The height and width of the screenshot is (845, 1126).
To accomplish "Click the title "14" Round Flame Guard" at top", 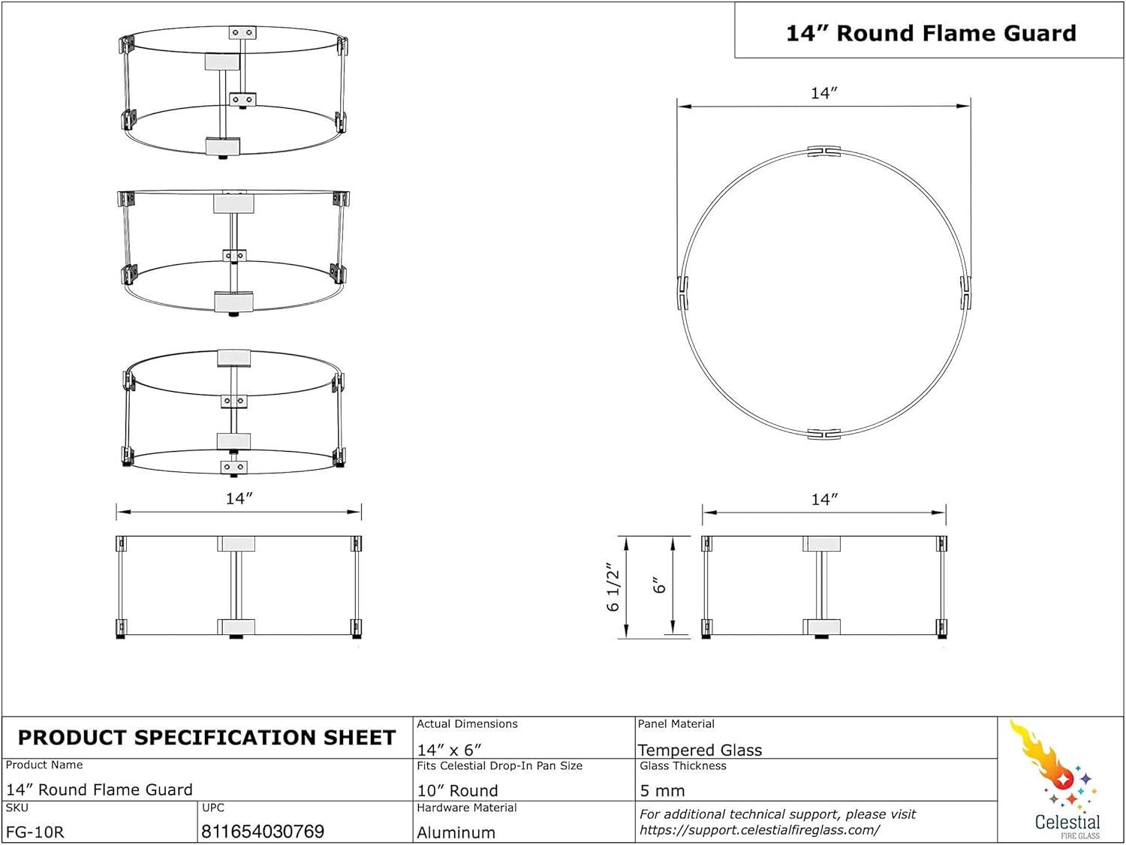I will click(930, 33).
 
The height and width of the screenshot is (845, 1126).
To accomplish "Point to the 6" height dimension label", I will click(659, 585).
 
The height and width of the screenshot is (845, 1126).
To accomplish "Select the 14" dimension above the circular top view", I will click(823, 93).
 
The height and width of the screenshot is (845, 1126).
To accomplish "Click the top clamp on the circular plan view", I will click(823, 152).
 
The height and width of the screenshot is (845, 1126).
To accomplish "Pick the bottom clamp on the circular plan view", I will click(823, 434).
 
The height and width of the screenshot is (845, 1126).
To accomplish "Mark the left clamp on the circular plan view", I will click(683, 293).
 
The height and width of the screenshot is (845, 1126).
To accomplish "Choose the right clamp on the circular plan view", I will click(965, 293).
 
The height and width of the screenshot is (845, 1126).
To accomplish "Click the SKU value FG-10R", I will click(35, 831).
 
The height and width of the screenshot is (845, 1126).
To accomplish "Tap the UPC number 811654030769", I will click(263, 831).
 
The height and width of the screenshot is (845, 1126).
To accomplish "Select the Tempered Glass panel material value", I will click(700, 750).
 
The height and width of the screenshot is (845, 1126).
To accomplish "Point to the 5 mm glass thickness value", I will click(662, 790).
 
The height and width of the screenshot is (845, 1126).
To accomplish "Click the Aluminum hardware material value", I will click(456, 832).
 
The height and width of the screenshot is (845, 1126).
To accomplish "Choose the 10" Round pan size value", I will click(457, 790).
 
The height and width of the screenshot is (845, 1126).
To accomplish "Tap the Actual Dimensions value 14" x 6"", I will click(449, 750).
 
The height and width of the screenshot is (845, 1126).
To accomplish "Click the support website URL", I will click(759, 830).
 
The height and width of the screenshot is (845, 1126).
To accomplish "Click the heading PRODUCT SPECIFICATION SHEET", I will click(206, 738).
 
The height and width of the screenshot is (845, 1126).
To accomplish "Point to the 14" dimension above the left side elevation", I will click(239, 498).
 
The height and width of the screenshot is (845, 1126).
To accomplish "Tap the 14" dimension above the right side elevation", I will click(823, 499).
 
